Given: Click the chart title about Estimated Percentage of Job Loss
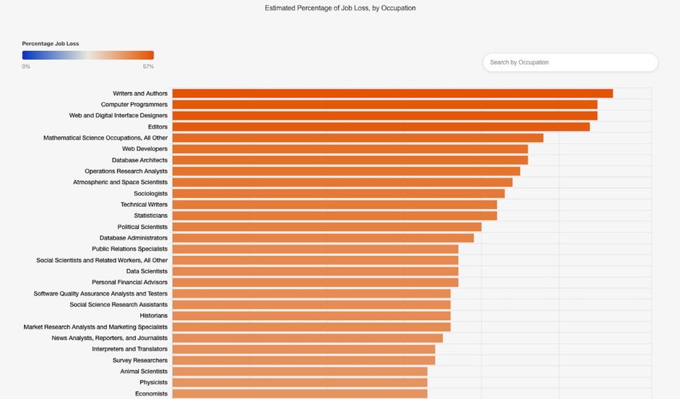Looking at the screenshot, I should pyautogui.click(x=340, y=9).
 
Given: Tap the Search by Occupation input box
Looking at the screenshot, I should pyautogui.click(x=570, y=62).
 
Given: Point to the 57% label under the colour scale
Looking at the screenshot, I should pyautogui.click(x=148, y=67).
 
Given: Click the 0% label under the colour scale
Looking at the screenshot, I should pyautogui.click(x=26, y=67).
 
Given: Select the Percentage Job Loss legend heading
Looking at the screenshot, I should pyautogui.click(x=50, y=44).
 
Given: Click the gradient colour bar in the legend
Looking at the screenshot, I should pyautogui.click(x=88, y=55).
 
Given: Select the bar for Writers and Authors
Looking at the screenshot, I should pyautogui.click(x=392, y=94).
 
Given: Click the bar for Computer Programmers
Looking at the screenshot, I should pyautogui.click(x=385, y=105).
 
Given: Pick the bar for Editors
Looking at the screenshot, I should pyautogui.click(x=380, y=127).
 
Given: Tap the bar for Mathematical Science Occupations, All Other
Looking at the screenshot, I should pyautogui.click(x=358, y=137).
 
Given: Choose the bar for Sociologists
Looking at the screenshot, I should pyautogui.click(x=338, y=193).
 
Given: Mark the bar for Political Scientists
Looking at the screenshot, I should pyautogui.click(x=327, y=227).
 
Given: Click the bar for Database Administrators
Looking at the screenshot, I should pyautogui.click(x=322, y=238).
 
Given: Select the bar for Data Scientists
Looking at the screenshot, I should pyautogui.click(x=315, y=271).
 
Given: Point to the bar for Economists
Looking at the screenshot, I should pyautogui.click(x=300, y=393).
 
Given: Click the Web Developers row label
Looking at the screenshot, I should pyautogui.click(x=144, y=149).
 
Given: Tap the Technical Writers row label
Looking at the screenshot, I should pyautogui.click(x=144, y=205).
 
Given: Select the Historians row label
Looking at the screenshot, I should pyautogui.click(x=153, y=315).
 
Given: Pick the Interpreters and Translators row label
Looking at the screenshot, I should pyautogui.click(x=130, y=349).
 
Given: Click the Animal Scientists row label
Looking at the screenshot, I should pyautogui.click(x=144, y=371).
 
